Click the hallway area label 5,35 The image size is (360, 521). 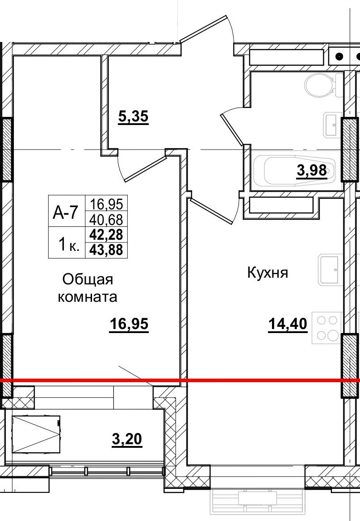click(x=133, y=117)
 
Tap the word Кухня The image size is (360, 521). click(x=268, y=273)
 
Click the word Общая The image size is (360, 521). click(x=88, y=280)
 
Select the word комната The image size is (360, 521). click(x=88, y=297)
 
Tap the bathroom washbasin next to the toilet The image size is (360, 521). click(x=331, y=125)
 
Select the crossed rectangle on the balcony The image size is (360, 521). click(x=36, y=434)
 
